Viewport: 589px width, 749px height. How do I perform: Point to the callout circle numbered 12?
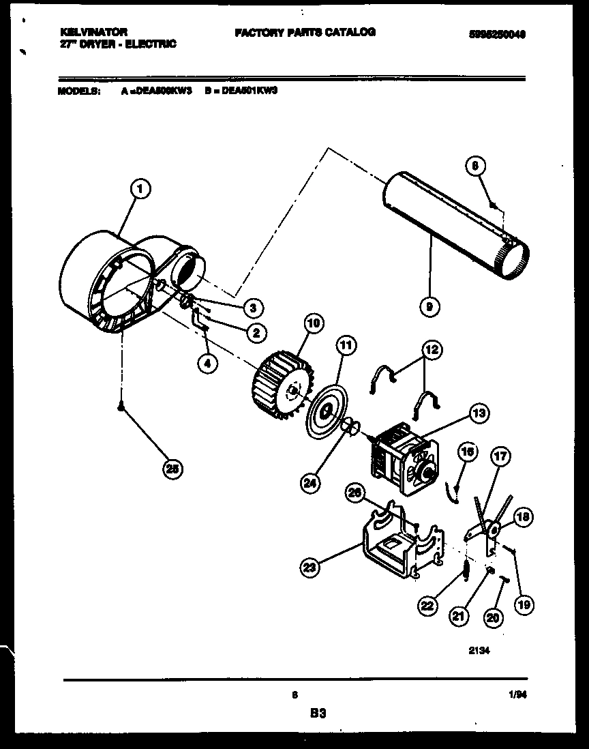coord(432,351)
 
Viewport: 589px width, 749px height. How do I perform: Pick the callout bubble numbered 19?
coord(526,603)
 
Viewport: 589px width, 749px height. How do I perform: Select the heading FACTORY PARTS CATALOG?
coord(304,32)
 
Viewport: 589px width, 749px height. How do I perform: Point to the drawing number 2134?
coord(479,650)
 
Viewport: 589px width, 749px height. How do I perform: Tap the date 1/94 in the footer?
coord(518,696)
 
